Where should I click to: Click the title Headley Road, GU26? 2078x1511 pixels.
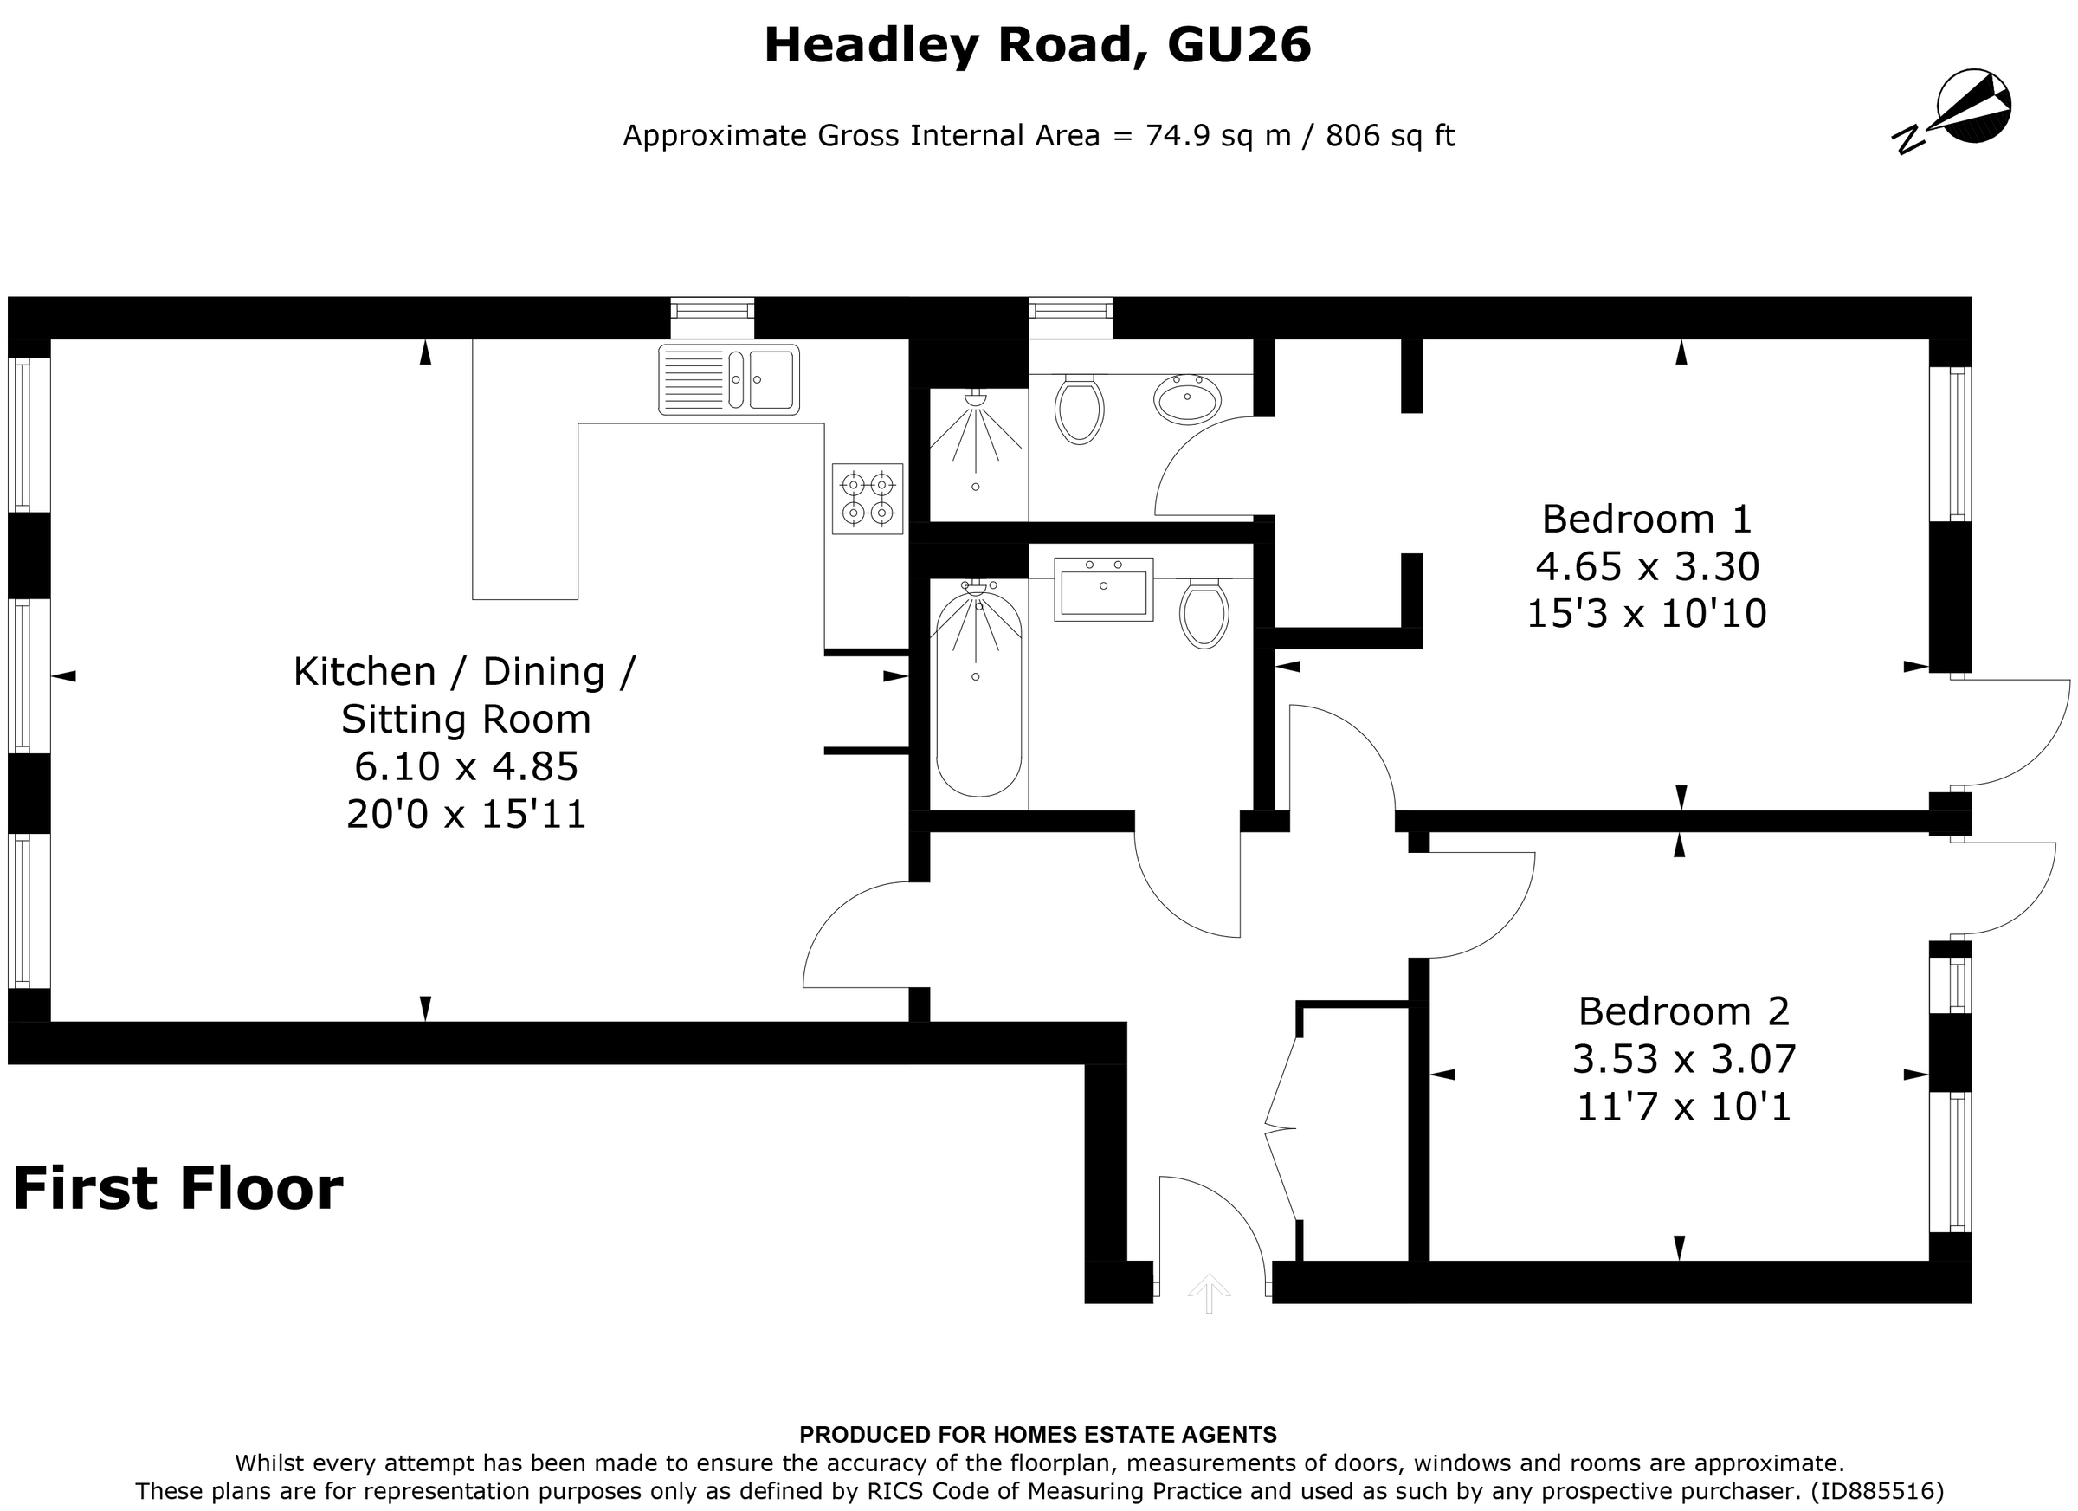1037,46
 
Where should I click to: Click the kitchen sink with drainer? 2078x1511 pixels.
728,378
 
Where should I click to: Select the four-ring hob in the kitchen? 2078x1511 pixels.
867,499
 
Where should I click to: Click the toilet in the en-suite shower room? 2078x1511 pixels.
1079,409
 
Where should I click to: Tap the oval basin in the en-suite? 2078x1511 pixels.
1187,398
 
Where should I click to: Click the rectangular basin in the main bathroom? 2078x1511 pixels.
1103,589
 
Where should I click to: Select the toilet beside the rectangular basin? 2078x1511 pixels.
1204,614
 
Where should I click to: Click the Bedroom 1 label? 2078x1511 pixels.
1647,520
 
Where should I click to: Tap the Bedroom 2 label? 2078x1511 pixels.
1683,1011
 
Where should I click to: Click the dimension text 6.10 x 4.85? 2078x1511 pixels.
467,767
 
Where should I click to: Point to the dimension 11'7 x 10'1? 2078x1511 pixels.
1683,1107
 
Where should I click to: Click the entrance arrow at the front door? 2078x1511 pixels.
1209,1293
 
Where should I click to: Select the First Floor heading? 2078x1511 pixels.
177,1190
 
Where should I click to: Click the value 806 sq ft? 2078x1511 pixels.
1390,136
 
